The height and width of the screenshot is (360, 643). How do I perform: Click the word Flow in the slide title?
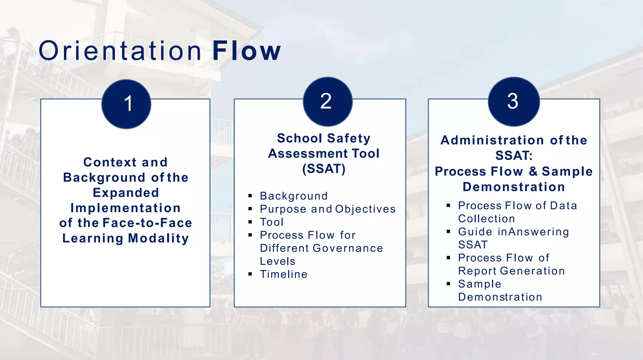coord(246,51)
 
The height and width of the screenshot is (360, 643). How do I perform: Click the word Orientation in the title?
coord(120,51)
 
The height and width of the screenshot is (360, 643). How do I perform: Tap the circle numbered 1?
coord(126,104)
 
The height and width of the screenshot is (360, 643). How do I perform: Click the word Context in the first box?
coord(110,162)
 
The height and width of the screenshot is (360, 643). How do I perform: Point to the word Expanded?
coord(126,193)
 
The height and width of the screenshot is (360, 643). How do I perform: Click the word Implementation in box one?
coord(126,208)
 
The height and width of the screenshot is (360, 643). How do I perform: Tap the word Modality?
coord(159,238)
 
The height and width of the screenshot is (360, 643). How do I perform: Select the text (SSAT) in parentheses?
coord(324,169)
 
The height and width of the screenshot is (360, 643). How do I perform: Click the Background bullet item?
coord(294,196)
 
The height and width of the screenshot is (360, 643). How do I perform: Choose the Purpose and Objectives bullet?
coord(327,209)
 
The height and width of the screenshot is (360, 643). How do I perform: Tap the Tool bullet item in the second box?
coord(272,222)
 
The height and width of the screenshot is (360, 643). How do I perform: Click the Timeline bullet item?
coord(284,274)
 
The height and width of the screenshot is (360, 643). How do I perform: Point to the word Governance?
coord(348,248)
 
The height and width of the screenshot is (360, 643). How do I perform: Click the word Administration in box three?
coord(492,140)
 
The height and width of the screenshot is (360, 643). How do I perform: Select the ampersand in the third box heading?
coord(533,171)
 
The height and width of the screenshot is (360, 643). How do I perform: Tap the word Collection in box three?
coord(486,219)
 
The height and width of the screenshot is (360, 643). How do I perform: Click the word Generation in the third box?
coord(532,271)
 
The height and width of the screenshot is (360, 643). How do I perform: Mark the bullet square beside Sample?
coord(448,284)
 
